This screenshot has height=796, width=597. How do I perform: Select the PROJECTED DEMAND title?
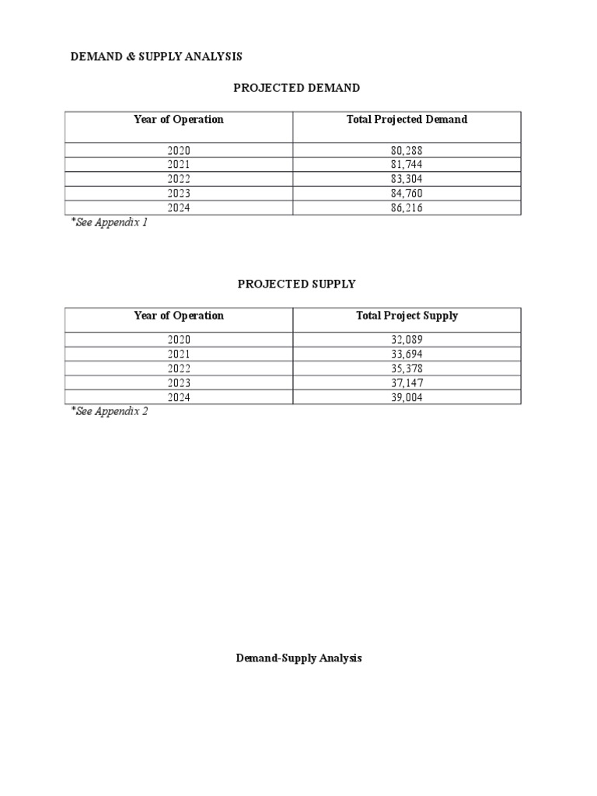297,88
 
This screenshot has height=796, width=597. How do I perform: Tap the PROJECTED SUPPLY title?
296,284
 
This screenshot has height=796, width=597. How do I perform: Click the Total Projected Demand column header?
407,120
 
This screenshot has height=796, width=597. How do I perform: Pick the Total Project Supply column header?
407,316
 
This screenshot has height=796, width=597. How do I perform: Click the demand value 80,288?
407,150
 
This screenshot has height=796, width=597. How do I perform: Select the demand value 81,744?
407,165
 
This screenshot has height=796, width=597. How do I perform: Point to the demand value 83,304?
407,179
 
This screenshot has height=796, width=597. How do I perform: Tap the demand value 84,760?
407,194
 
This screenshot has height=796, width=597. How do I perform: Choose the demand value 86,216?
407,208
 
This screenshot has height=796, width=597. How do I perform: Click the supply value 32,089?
407,340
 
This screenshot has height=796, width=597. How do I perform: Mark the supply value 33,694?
407,354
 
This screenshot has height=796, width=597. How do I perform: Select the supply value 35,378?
407,368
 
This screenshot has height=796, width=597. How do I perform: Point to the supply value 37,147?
407,383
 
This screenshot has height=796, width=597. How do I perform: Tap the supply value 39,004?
407,397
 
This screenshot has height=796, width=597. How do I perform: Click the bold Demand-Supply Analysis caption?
298,658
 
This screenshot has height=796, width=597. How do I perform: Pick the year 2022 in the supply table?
179,368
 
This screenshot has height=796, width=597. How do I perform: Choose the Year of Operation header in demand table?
179,120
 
